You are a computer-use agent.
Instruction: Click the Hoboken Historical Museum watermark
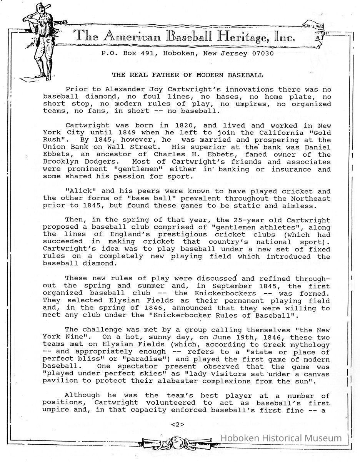click(x=281, y=438)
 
